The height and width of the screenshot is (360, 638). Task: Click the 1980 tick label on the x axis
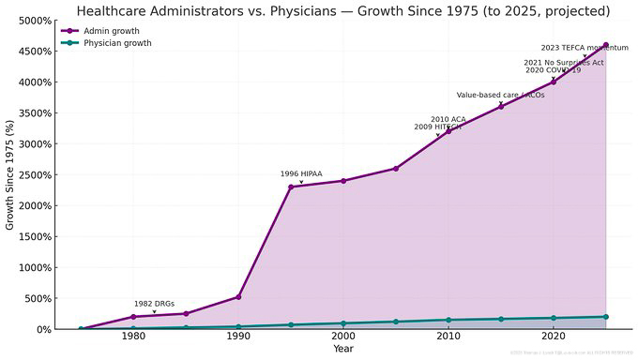tap(133, 337)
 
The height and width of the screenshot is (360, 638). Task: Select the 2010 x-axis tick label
tap(448, 337)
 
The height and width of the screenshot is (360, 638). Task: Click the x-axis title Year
tap(343, 350)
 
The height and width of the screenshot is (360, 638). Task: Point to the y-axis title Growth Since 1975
tap(10, 174)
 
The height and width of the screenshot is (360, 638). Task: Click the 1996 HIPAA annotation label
tap(301, 173)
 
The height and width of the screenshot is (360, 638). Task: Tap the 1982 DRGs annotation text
tap(154, 304)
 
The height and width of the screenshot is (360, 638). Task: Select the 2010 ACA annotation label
tap(448, 119)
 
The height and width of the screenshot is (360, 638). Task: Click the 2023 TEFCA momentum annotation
tap(585, 47)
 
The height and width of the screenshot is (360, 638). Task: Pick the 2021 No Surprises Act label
tap(563, 62)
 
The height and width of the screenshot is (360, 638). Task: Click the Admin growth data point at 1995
tap(291, 187)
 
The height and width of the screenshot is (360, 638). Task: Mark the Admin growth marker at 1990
tap(238, 297)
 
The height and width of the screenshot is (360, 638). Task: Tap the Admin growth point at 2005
tap(396, 169)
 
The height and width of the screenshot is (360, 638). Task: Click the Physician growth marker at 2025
tap(606, 317)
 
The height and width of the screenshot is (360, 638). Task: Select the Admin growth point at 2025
tap(606, 45)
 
